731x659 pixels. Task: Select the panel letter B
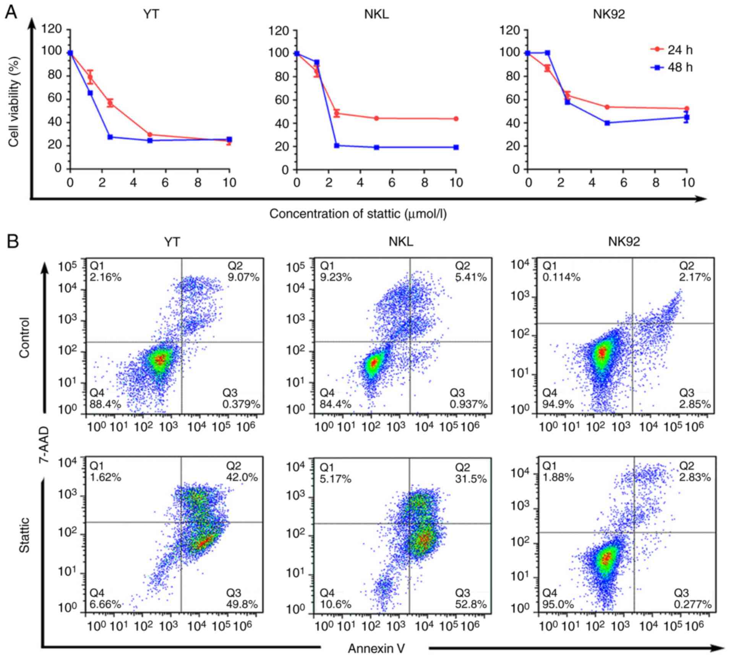(x=12, y=242)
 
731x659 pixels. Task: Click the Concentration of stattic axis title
(x=358, y=214)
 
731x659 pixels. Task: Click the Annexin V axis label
(x=376, y=648)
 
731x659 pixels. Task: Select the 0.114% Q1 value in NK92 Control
(x=561, y=277)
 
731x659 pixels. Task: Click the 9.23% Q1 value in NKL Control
(x=336, y=277)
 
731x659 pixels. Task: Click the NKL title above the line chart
(x=376, y=15)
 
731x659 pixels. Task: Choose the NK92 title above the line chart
(x=609, y=15)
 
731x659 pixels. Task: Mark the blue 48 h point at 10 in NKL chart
(x=456, y=147)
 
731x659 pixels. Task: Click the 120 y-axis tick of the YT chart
(x=53, y=29)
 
